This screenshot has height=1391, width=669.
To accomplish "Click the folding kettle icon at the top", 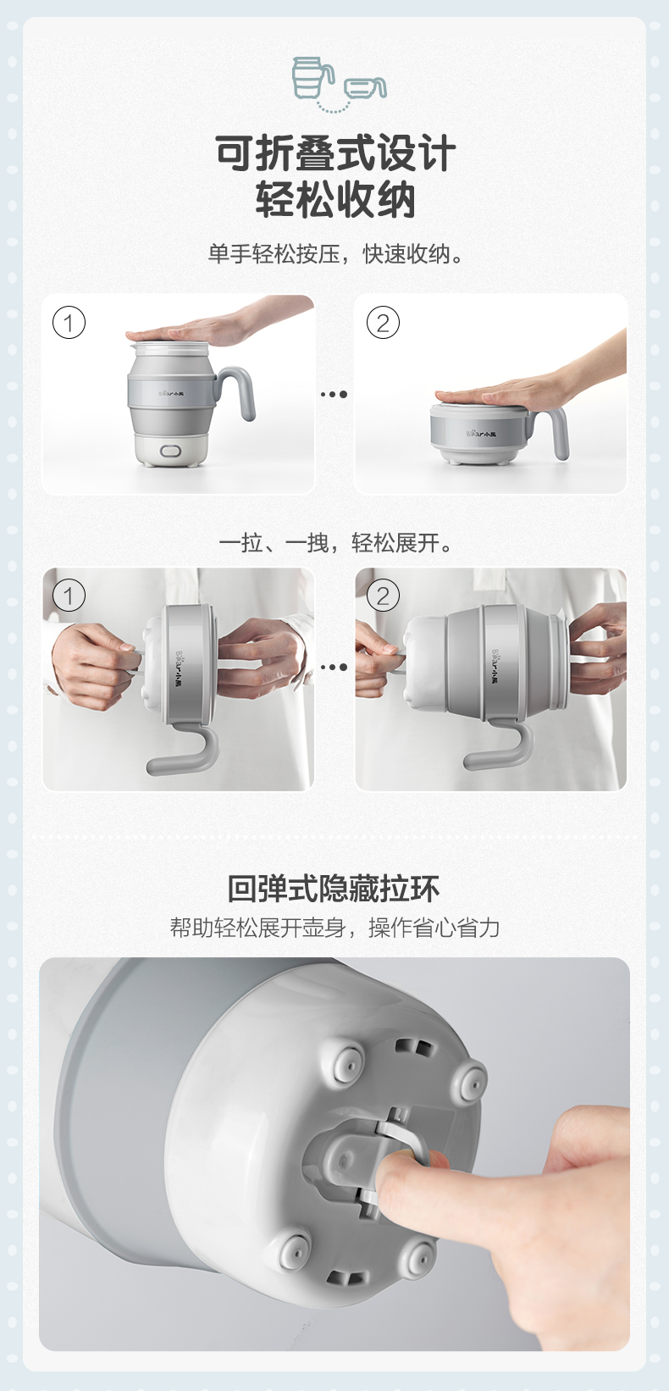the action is pyautogui.click(x=338, y=85).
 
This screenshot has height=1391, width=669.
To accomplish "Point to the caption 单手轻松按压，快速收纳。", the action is pyautogui.click(x=335, y=254).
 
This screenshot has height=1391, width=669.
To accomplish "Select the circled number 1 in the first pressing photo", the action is pyautogui.click(x=69, y=323).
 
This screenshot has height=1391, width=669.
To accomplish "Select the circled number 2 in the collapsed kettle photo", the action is pyautogui.click(x=383, y=323).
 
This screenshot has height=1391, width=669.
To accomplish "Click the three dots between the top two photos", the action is pyautogui.click(x=334, y=394).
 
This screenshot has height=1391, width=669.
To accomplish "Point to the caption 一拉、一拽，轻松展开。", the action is pyautogui.click(x=335, y=543).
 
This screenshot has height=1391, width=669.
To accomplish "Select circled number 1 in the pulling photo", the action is pyautogui.click(x=69, y=596).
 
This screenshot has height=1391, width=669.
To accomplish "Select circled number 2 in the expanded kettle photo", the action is pyautogui.click(x=383, y=596).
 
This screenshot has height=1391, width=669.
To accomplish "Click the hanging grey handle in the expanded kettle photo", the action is pyautogui.click(x=503, y=751).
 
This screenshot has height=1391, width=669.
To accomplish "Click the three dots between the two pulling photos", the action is pyautogui.click(x=334, y=667).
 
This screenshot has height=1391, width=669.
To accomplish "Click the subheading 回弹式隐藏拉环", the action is pyautogui.click(x=334, y=889).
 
